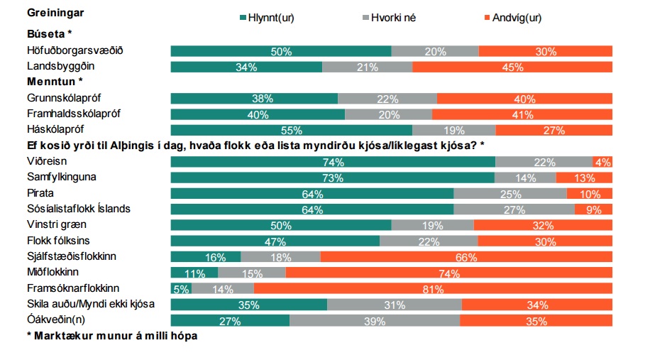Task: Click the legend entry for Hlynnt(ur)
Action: [267, 18]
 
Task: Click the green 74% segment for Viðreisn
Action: [332, 162]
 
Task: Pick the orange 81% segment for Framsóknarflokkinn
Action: [433, 289]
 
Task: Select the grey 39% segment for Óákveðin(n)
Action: [374, 321]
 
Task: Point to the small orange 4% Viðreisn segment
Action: [604, 162]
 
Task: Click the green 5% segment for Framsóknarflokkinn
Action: [181, 289]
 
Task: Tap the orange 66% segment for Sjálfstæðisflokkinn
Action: [466, 257]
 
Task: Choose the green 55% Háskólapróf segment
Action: [291, 130]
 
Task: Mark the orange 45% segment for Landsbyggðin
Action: [512, 67]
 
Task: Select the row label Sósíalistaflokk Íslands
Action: [78, 209]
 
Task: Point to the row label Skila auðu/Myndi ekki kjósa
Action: [91, 304]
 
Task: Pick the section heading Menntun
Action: [53, 81]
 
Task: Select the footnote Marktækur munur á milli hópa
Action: [111, 336]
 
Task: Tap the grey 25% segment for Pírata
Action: [509, 194]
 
